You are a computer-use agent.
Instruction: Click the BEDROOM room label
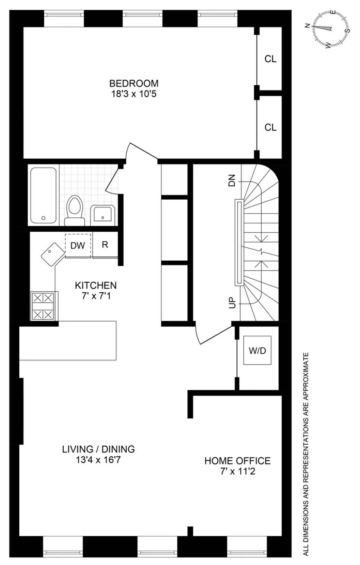tap(133, 83)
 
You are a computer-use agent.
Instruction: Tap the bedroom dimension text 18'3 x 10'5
tap(133, 94)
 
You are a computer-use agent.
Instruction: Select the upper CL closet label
tap(270, 59)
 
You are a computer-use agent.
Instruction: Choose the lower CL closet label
tap(270, 127)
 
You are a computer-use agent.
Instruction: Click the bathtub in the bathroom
tap(43, 195)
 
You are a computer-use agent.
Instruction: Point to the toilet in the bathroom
tap(75, 210)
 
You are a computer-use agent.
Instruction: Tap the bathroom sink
tap(102, 214)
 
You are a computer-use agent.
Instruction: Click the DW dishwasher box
tap(78, 245)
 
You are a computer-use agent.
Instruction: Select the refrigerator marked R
tap(105, 245)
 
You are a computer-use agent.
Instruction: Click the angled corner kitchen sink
tap(51, 254)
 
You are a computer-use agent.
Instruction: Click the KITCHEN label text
tap(96, 285)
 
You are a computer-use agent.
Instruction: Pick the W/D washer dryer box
tap(257, 350)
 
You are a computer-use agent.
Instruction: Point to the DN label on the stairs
tap(232, 181)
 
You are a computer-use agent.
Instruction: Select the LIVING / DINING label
tap(98, 449)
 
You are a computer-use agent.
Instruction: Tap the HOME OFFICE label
tap(237, 461)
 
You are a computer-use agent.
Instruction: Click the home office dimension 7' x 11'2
tap(237, 472)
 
